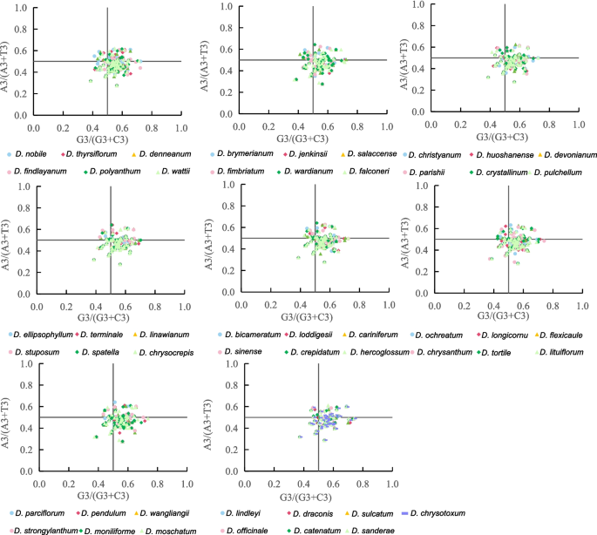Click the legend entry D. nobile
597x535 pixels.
click(x=31, y=153)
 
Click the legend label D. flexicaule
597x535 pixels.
click(x=561, y=334)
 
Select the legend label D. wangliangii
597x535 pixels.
click(x=166, y=512)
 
